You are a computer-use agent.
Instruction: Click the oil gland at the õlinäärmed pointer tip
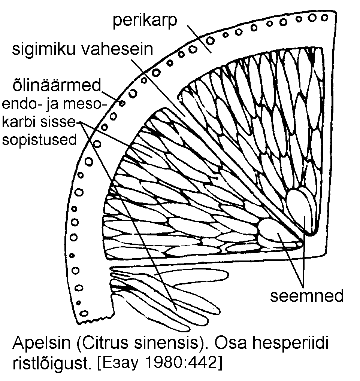coord(122,103)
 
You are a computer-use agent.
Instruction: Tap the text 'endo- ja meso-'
coord(54,104)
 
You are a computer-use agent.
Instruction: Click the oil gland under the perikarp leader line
coord(210,40)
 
